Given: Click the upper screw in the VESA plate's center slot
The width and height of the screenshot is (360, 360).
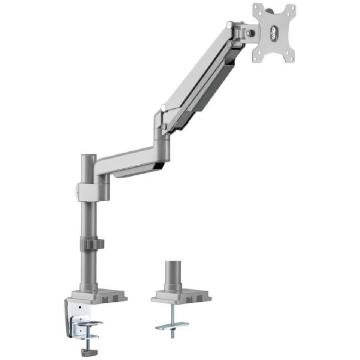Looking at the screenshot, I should pyautogui.click(x=273, y=27).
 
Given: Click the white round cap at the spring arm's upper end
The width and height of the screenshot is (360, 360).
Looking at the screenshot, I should pyautogui.click(x=229, y=25).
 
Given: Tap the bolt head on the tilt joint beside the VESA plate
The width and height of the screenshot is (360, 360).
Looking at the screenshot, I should pyautogui.click(x=248, y=34).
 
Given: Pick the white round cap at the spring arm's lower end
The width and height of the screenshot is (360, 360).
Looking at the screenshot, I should pyautogui.click(x=162, y=108).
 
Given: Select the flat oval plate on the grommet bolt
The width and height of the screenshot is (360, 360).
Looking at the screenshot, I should pyautogui.click(x=172, y=324).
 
